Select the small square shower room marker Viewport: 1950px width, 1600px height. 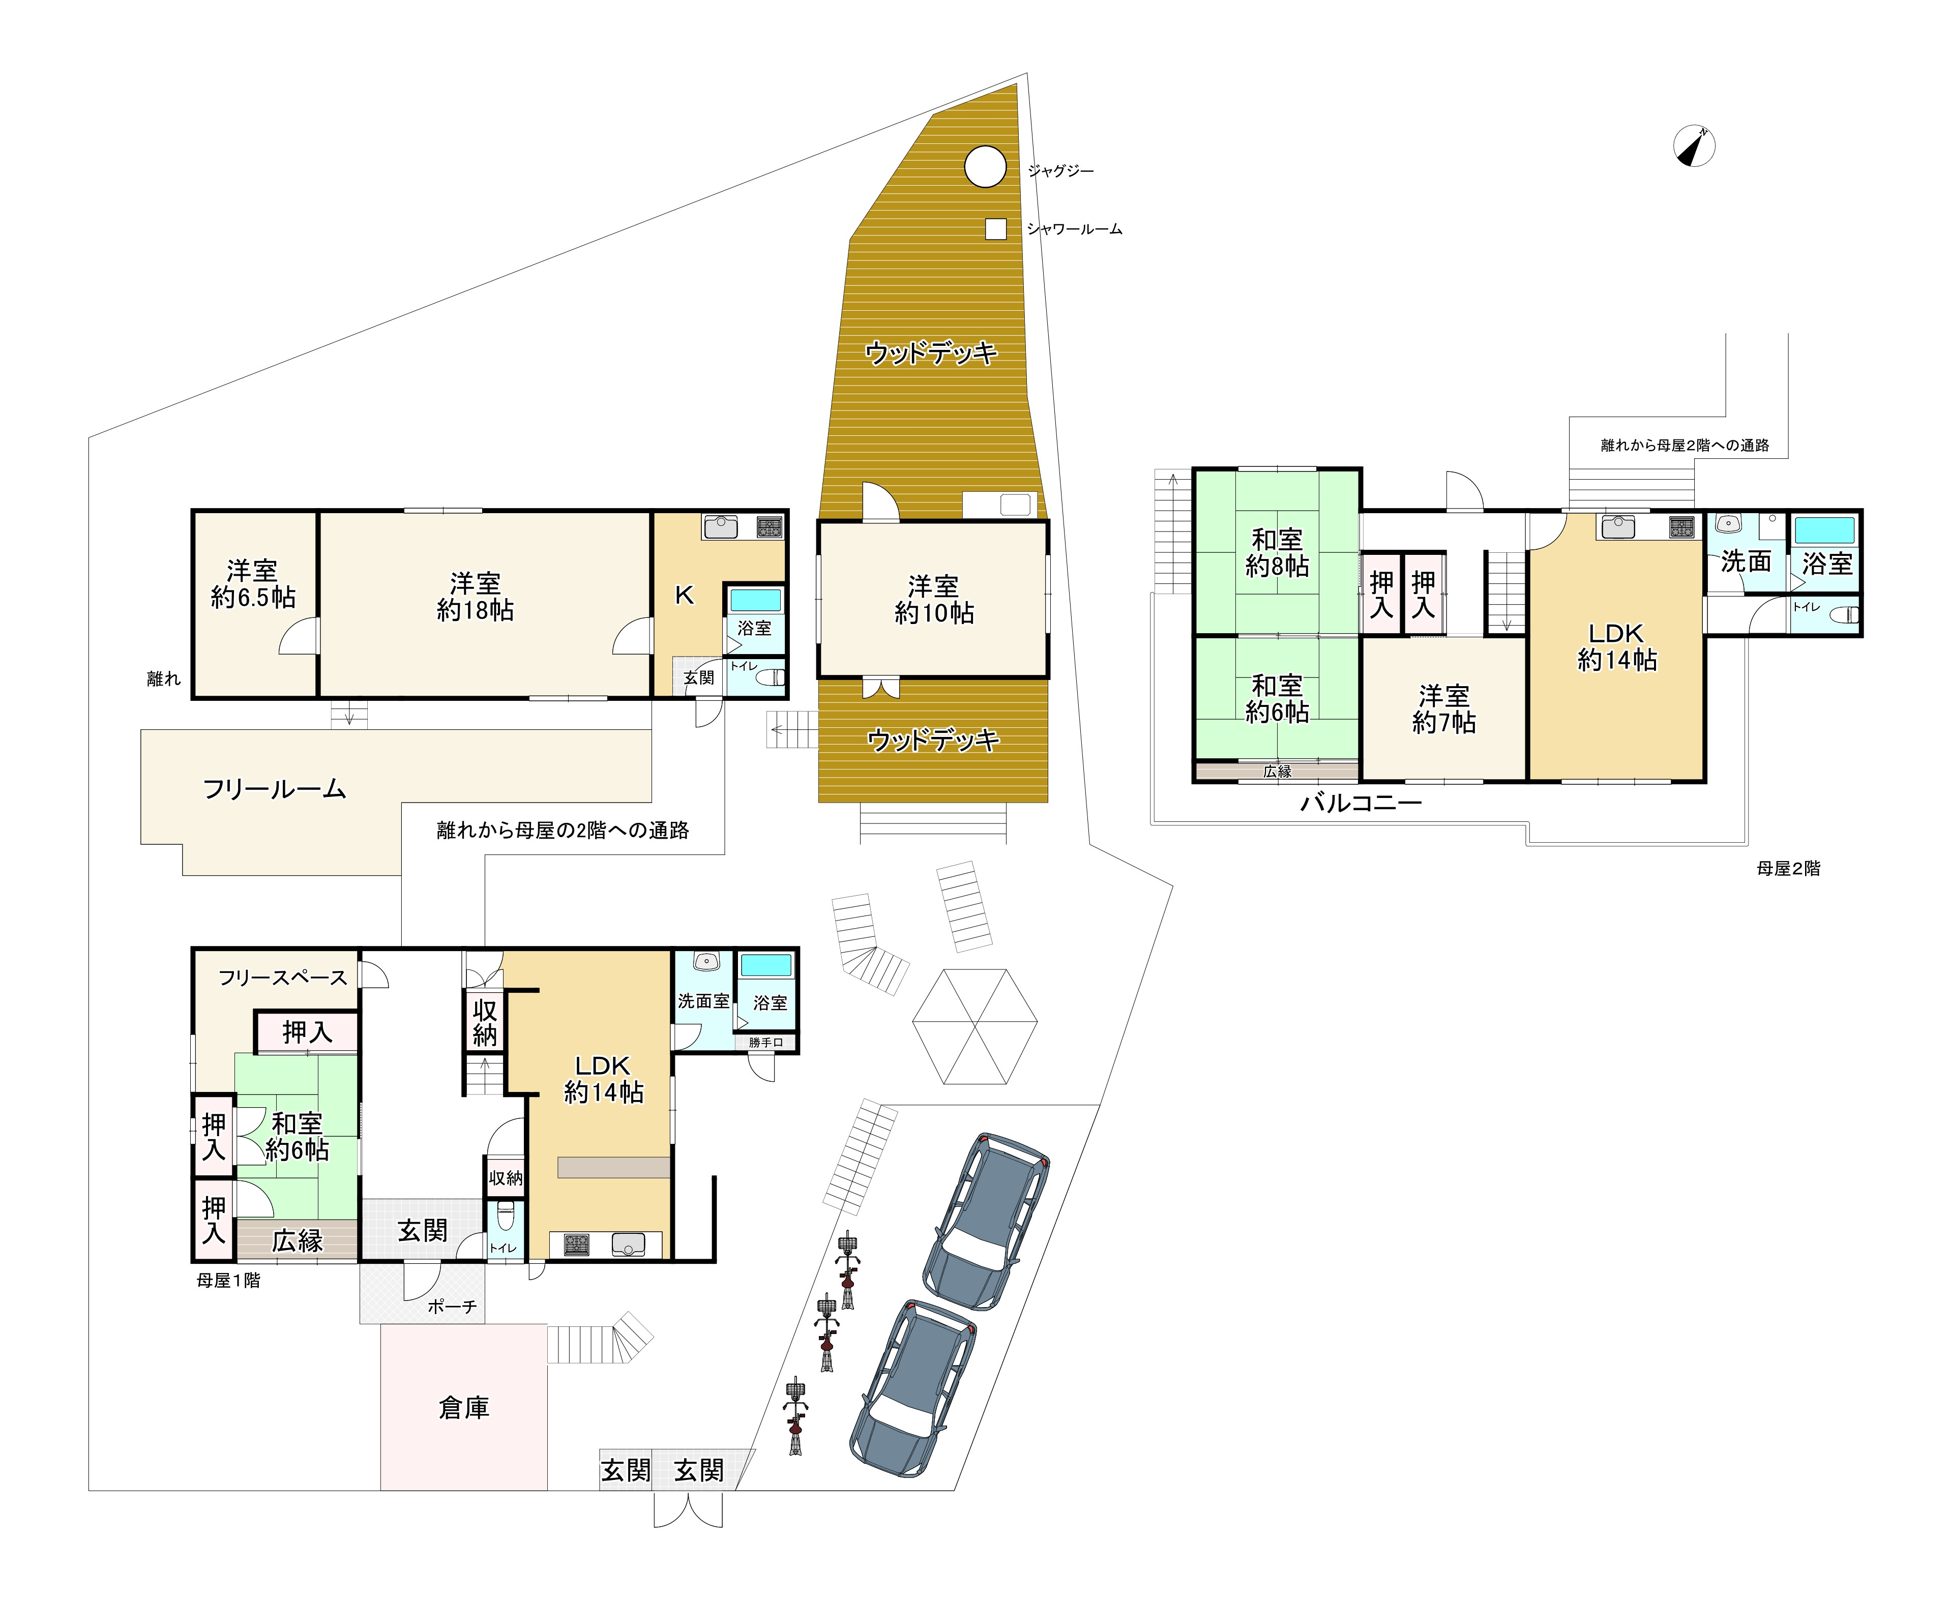tap(995, 228)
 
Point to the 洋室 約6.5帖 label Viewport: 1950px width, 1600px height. tap(253, 583)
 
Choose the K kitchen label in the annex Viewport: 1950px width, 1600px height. tap(684, 596)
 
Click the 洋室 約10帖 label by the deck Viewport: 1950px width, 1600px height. tap(933, 599)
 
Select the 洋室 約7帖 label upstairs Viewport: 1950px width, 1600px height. tap(1444, 709)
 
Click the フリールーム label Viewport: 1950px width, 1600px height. tap(275, 789)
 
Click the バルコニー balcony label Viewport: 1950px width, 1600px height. tap(1361, 803)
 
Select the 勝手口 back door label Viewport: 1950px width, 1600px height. tap(766, 1043)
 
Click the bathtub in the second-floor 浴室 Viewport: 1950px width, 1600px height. tap(1825, 530)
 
